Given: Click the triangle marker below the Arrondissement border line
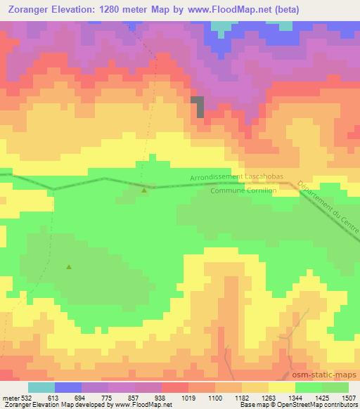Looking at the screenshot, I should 144,190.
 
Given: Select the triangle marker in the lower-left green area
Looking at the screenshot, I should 69,266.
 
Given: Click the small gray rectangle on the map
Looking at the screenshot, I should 199,105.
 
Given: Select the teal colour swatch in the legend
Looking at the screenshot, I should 41,387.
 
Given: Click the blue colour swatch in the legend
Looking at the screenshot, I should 68,387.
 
